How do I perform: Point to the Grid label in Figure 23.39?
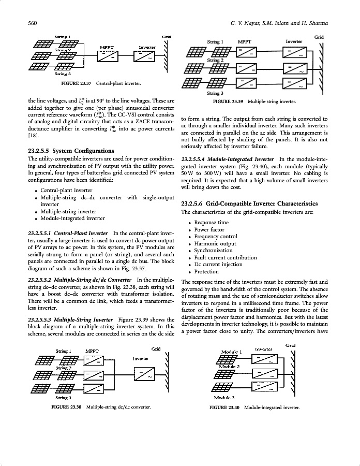pos(319,38)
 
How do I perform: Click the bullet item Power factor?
pos(209,229)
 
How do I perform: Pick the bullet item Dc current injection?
pos(218,265)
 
